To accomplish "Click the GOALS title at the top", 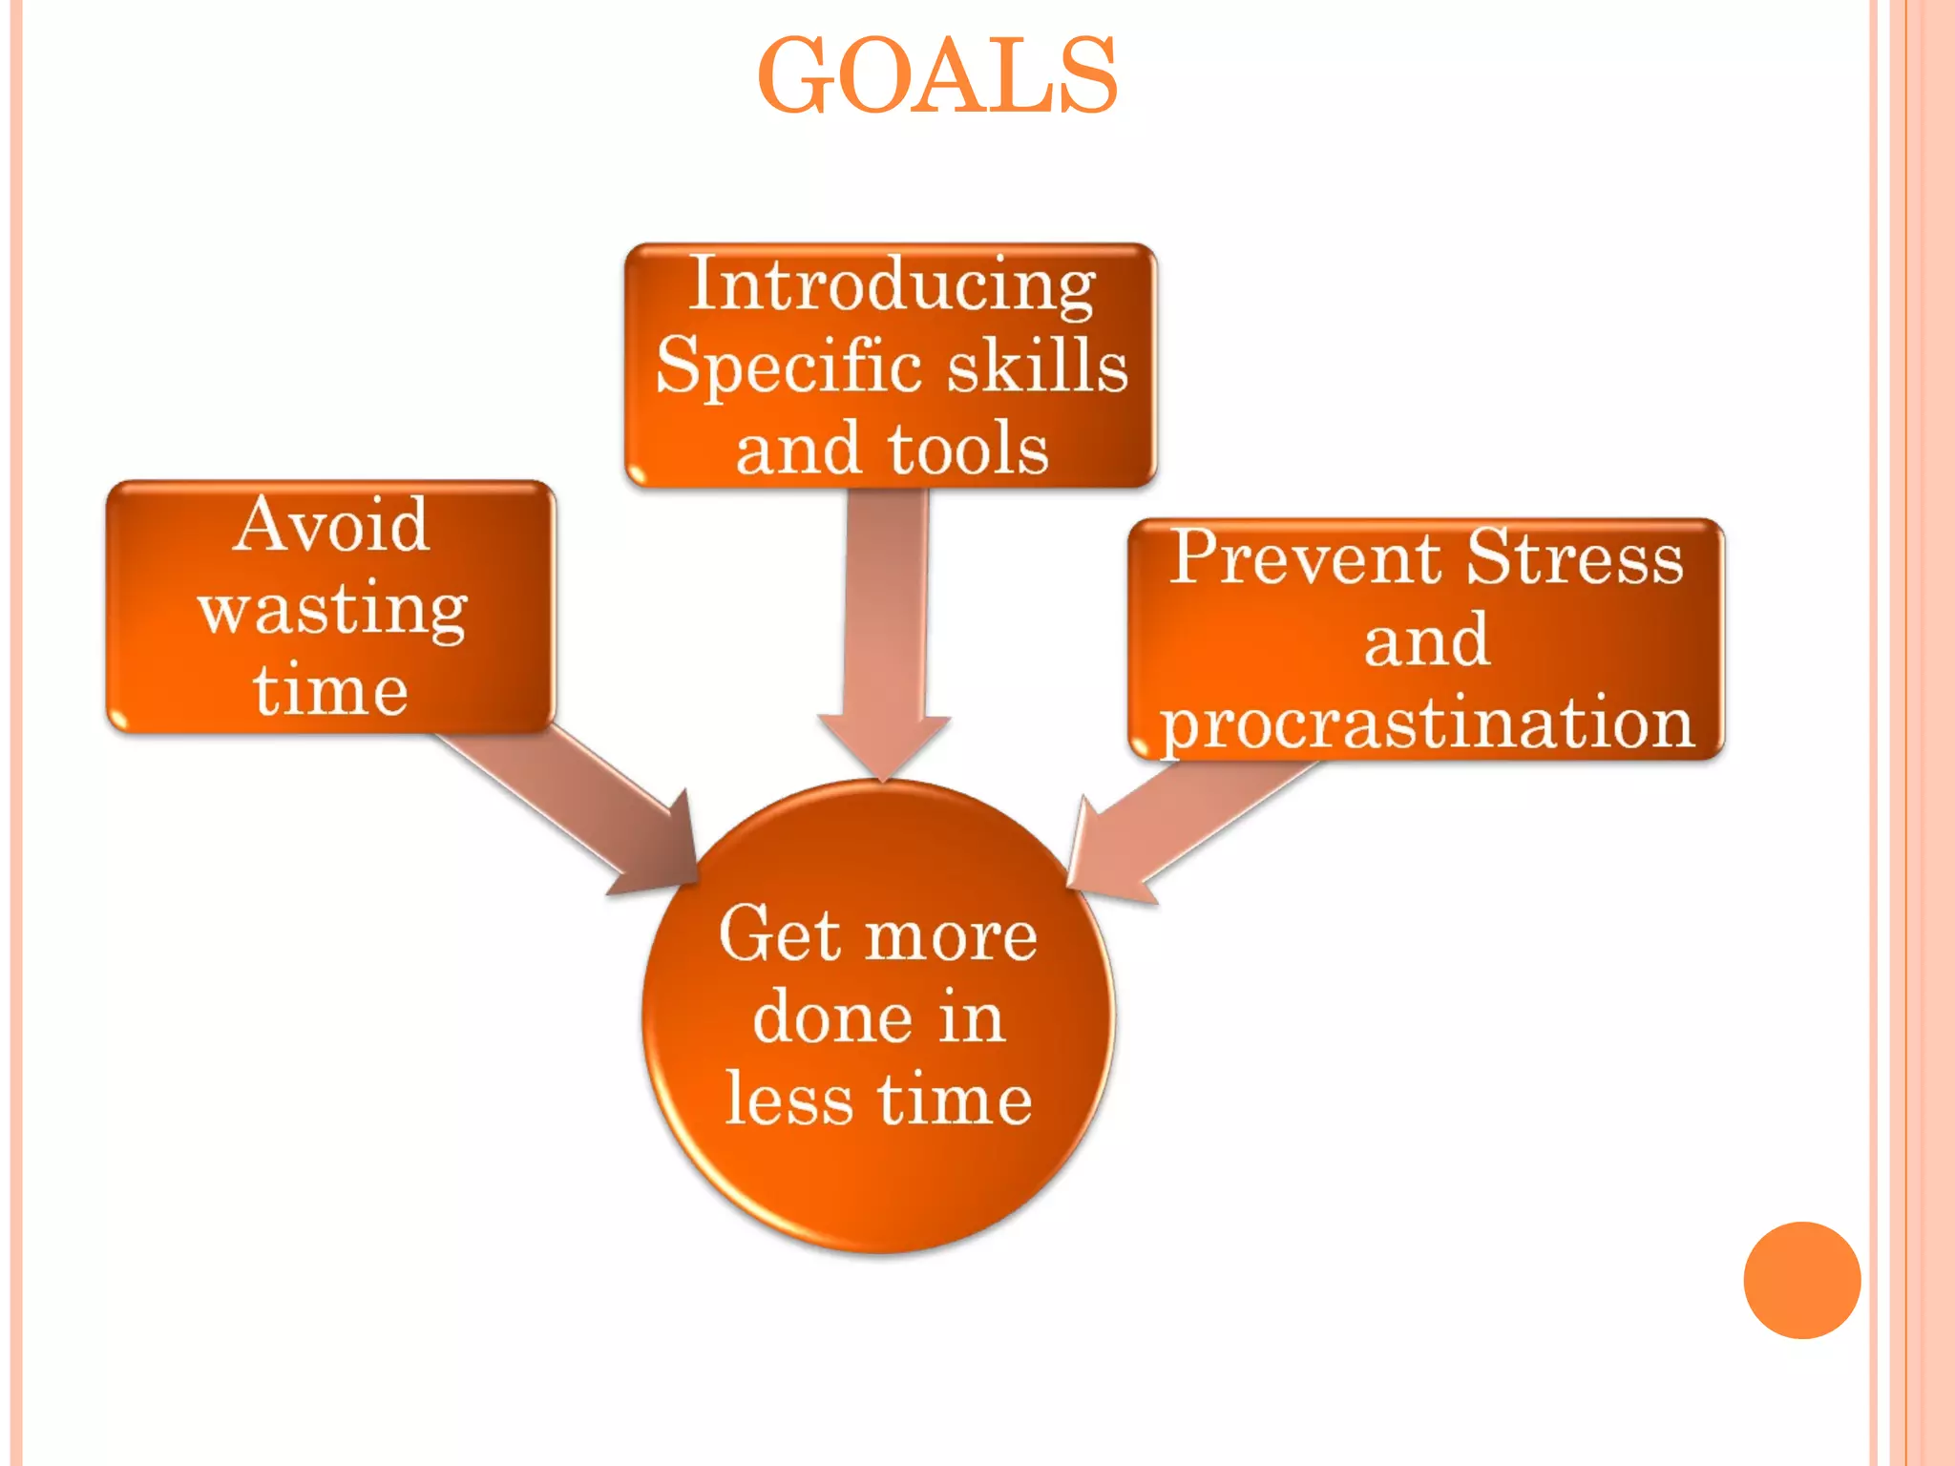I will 936,76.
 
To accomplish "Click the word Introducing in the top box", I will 892,284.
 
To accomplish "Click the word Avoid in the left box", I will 331,525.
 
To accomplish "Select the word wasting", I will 332,609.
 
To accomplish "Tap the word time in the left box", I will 331,689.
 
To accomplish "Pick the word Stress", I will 1575,557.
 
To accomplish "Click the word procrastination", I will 1426,723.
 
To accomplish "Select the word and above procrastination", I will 1426,641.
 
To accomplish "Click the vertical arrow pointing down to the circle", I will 885,649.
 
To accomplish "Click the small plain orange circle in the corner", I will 1801,1280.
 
